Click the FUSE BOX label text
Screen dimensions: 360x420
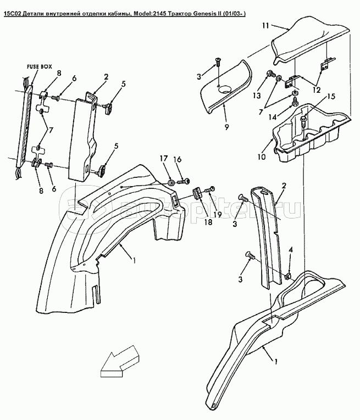click(x=39, y=66)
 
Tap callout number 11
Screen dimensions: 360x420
click(x=265, y=25)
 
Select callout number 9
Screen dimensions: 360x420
click(x=227, y=127)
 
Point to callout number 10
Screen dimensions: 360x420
click(x=262, y=156)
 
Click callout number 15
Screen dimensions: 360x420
click(x=331, y=97)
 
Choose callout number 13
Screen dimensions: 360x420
click(x=257, y=96)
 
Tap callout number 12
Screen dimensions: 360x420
click(x=317, y=90)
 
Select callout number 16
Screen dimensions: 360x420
click(x=178, y=159)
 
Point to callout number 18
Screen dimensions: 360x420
click(x=208, y=222)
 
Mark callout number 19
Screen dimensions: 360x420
click(x=218, y=214)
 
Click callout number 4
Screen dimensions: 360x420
click(x=291, y=250)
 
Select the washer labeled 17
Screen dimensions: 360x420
click(x=171, y=183)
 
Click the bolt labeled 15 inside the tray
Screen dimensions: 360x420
click(x=303, y=121)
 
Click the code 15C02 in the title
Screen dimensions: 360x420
click(x=12, y=14)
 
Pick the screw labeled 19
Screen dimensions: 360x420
click(x=209, y=189)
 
